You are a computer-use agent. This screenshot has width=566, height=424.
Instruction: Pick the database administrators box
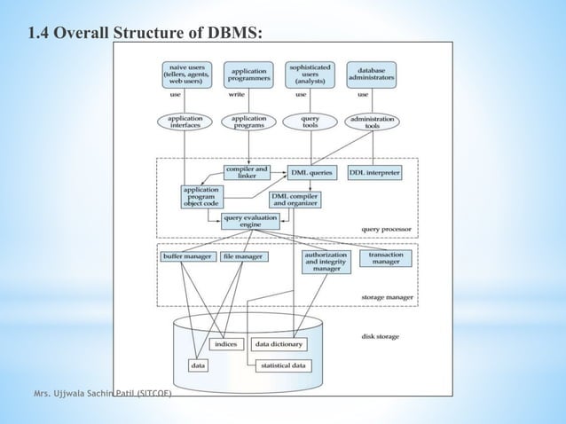[371, 75]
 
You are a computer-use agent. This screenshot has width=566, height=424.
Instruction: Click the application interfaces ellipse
[185, 122]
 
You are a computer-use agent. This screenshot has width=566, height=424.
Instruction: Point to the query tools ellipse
[311, 122]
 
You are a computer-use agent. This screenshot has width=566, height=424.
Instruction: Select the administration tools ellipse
[372, 122]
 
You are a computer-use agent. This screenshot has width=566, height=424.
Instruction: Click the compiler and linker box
[248, 172]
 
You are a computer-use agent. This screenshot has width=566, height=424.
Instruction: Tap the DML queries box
[310, 172]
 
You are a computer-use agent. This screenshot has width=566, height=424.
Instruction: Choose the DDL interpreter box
[374, 172]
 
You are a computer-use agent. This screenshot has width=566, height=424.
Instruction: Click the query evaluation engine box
[249, 221]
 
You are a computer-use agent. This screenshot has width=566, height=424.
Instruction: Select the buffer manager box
[185, 256]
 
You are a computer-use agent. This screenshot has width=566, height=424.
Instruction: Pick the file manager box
[242, 256]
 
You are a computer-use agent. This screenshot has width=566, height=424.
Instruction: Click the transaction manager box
[384, 257]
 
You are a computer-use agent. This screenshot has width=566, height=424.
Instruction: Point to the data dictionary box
[279, 343]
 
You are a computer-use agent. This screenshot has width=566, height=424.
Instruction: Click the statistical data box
[282, 365]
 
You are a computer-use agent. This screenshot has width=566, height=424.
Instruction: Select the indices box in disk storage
[225, 343]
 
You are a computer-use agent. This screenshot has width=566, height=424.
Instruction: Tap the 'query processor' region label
[386, 229]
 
